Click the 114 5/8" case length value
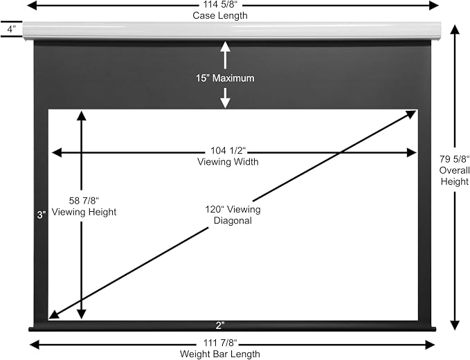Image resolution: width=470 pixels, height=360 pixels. coord(220,5)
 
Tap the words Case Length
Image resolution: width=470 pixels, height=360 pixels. coord(220,15)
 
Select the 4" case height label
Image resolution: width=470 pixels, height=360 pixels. coord(11,29)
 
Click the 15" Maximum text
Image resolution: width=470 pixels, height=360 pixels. coord(225,78)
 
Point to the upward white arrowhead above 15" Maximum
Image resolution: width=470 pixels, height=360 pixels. coord(225,46)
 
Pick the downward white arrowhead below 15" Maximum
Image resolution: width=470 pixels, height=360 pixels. coord(225,103)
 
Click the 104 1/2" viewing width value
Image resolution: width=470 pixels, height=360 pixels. coord(228,150)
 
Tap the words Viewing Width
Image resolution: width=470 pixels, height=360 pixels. coord(228,162)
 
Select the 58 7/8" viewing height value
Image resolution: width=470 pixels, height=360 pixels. coord(84,200)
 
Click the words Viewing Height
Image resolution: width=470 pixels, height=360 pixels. coord(84,212)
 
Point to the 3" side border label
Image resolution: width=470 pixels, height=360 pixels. coord(42,215)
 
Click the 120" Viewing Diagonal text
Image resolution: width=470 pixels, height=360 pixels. coord(233,215)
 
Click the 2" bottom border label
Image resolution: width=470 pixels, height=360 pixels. coord(220,325)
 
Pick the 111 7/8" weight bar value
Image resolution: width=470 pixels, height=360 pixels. coord(220,343)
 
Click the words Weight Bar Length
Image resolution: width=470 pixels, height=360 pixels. coord(220,354)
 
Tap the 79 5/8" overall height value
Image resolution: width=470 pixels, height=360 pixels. coord(454,159)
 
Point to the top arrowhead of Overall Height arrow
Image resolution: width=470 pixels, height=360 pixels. coord(455,30)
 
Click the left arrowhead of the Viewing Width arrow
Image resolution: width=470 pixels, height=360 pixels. coord(57,152)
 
